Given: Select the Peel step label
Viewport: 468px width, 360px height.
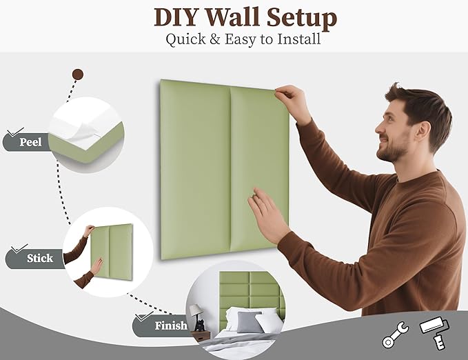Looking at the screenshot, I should click(x=30, y=143).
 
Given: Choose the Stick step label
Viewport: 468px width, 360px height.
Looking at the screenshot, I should click(x=39, y=259).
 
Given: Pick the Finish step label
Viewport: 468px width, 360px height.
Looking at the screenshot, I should click(x=170, y=326).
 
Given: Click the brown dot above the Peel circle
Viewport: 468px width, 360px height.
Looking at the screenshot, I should click(x=78, y=74).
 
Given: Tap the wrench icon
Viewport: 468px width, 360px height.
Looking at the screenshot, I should click(x=395, y=335).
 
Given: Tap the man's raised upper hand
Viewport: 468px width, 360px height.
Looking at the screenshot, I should click(x=292, y=102).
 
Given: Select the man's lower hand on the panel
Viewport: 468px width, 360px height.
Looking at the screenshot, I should click(x=266, y=214).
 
